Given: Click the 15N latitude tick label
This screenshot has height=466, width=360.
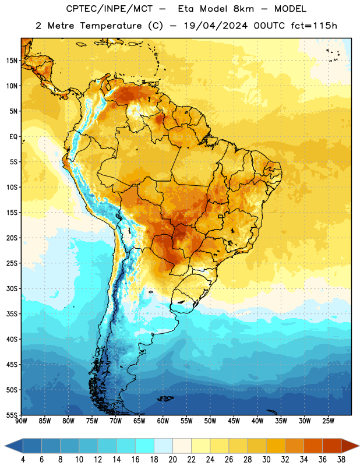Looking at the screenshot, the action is (x=12, y=61).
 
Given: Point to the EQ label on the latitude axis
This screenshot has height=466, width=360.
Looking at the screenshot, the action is (x=13, y=137).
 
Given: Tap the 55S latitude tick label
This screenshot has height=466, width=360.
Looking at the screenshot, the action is (x=12, y=415).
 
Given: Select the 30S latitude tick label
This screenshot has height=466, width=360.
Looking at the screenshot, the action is (x=12, y=288).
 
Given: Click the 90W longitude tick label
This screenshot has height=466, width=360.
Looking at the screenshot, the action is (x=21, y=421).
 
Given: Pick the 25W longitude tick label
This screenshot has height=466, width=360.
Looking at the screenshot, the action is (x=328, y=421).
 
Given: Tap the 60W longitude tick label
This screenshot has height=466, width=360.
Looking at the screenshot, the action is (x=163, y=421).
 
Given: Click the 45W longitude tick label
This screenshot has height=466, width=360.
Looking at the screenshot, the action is (x=234, y=421).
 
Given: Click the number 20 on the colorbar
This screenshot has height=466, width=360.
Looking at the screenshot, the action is (x=172, y=460).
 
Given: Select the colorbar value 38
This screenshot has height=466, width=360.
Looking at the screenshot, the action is (x=341, y=460).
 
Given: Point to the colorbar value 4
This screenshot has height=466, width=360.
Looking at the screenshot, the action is (x=23, y=460).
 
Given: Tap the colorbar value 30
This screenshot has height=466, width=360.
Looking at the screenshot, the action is (x=266, y=460).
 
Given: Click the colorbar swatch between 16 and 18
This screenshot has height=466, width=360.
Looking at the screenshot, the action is (x=145, y=446).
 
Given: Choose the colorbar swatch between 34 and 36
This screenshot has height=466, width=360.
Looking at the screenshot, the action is (x=313, y=446).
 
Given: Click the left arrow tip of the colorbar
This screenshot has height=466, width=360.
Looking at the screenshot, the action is (x=5, y=446).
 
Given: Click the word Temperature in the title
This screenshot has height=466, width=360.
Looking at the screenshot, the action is (x=111, y=26).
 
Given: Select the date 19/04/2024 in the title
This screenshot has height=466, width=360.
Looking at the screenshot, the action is (x=216, y=26).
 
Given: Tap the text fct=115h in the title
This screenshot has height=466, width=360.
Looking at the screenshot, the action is (x=314, y=26).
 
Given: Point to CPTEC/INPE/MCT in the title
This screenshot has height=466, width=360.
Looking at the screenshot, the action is (x=109, y=9).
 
